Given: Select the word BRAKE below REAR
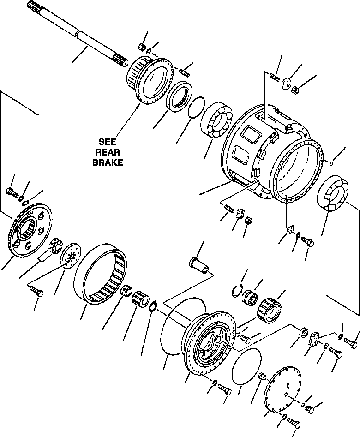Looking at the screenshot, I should point(108,162).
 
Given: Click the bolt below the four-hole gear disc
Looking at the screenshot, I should point(36,290).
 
